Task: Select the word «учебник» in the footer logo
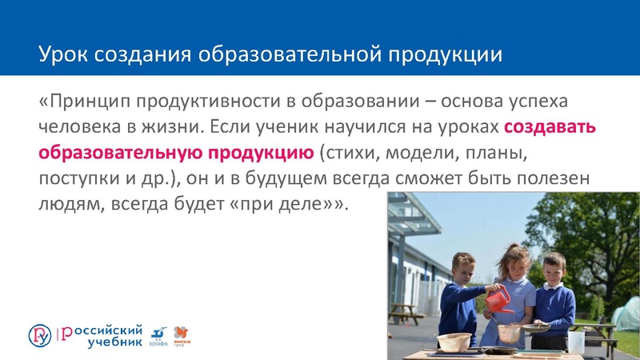pyautogui.click(x=115, y=342)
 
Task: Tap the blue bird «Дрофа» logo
pyautogui.click(x=158, y=335)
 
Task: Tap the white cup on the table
pyautogui.click(x=576, y=342)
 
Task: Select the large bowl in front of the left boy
pyautogui.click(x=454, y=342)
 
